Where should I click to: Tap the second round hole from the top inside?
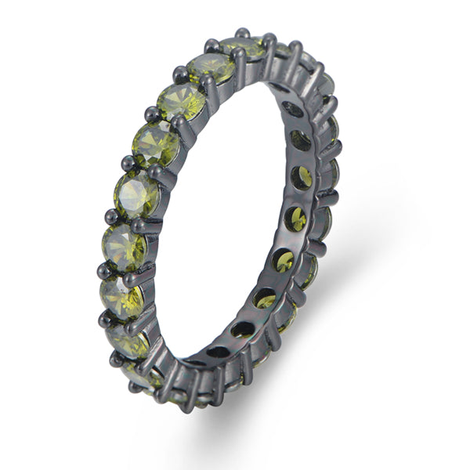[x=300, y=141]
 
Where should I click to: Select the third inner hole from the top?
[x=302, y=179]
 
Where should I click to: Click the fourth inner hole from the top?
[x=295, y=219]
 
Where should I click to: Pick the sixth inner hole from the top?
[x=266, y=298]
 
